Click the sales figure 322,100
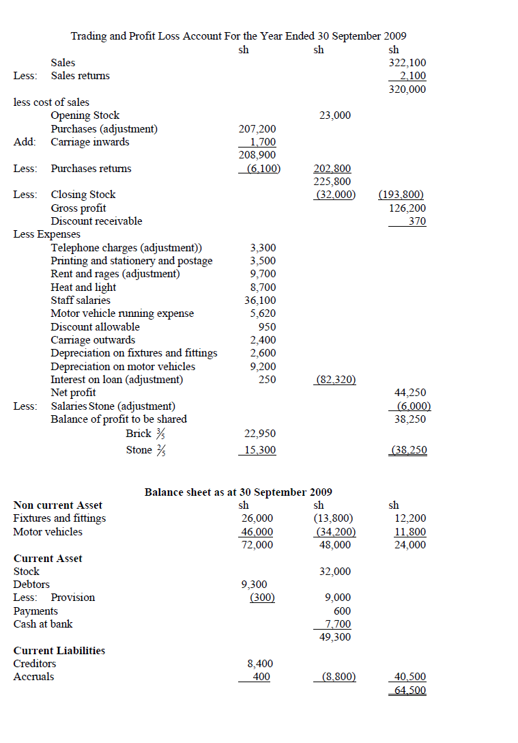(x=407, y=63)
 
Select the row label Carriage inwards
(x=90, y=142)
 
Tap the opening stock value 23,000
(x=334, y=115)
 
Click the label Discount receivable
(x=96, y=221)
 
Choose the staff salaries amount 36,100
(x=260, y=300)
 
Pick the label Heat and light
(x=83, y=288)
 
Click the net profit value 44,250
(x=410, y=393)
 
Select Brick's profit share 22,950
(x=260, y=434)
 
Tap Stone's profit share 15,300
(x=260, y=450)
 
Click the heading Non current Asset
(x=58, y=505)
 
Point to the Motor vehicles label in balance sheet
(x=48, y=532)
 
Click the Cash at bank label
(x=43, y=624)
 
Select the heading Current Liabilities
(x=59, y=651)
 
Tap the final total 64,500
(x=410, y=690)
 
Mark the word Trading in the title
(x=89, y=36)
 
